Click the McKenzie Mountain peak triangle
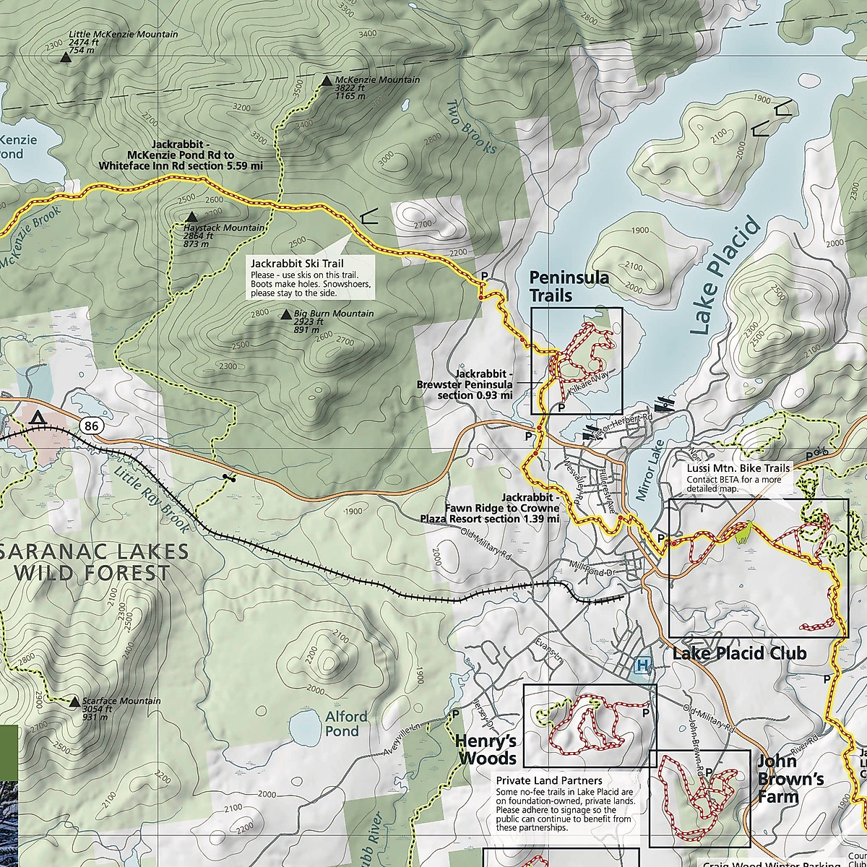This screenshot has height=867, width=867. [327, 82]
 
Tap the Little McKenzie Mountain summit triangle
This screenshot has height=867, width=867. [65, 61]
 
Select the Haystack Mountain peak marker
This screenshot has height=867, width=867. [191, 217]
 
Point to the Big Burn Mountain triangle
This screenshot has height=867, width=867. [285, 315]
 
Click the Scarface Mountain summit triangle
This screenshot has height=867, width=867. [74, 702]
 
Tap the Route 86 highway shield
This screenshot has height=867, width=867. [90, 426]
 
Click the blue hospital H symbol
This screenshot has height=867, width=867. [640, 665]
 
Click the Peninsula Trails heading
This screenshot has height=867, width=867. [558, 286]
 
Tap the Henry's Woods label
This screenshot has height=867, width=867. [486, 750]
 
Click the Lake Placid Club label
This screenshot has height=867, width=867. [738, 653]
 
